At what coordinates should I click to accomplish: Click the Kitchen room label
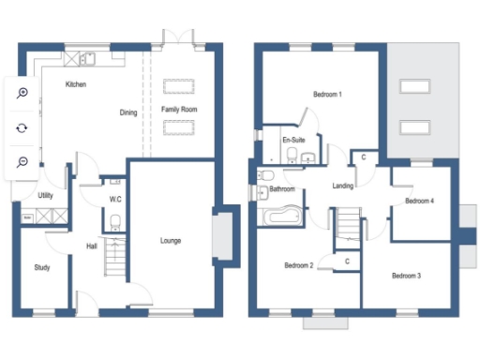(76, 85)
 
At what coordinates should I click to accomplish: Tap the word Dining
(128, 112)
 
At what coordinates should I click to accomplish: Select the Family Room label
(177, 110)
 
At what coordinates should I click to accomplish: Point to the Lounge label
(170, 241)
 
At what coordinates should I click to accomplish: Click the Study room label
(42, 267)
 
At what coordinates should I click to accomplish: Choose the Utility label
(45, 195)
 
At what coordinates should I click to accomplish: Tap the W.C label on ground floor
(115, 199)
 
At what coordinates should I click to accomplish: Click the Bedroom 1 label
(326, 95)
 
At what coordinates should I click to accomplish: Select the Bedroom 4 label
(419, 201)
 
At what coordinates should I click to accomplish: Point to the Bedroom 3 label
(406, 275)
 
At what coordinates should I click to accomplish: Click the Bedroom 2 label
(298, 265)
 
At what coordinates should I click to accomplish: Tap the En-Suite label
(292, 140)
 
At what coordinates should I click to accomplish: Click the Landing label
(343, 186)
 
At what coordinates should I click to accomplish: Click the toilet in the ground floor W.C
(114, 221)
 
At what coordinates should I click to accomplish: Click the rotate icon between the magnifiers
(22, 127)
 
